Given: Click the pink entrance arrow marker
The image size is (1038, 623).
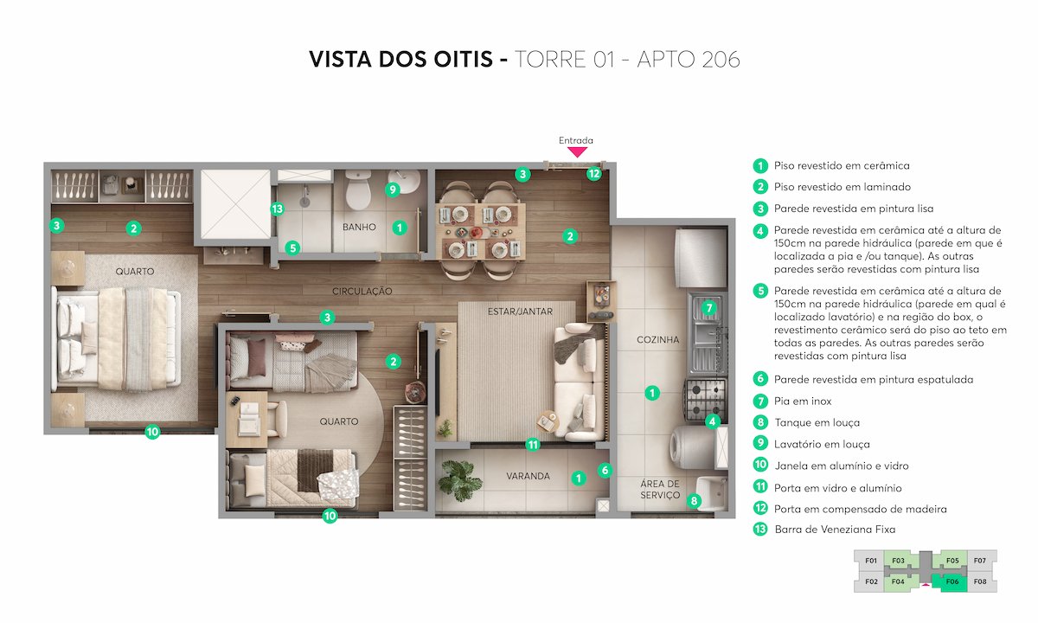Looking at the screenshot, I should (577, 152).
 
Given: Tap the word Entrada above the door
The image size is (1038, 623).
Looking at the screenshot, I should (576, 140).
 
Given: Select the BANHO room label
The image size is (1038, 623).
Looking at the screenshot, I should (359, 228).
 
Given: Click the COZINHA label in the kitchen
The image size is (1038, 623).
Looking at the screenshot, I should (658, 340).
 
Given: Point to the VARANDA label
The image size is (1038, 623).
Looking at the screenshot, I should (528, 476).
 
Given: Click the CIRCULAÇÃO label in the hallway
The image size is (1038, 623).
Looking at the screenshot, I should (362, 292).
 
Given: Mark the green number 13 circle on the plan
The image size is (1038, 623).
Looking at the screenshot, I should (277, 209).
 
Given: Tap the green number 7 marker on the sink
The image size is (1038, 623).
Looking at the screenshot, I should (708, 307).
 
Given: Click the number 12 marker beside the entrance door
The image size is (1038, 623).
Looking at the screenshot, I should (593, 173).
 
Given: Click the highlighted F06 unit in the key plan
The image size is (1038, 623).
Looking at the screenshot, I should (952, 581).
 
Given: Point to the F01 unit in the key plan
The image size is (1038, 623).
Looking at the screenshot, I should (871, 561).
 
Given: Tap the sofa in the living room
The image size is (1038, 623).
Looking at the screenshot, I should (573, 381).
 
